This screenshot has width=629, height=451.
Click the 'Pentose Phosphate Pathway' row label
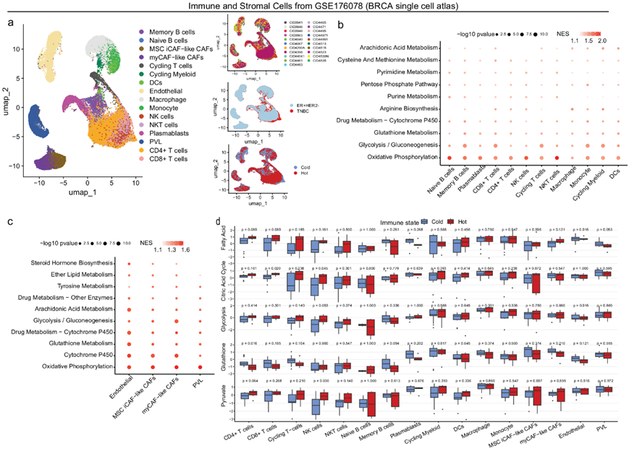pyautogui.click(x=396, y=84)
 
